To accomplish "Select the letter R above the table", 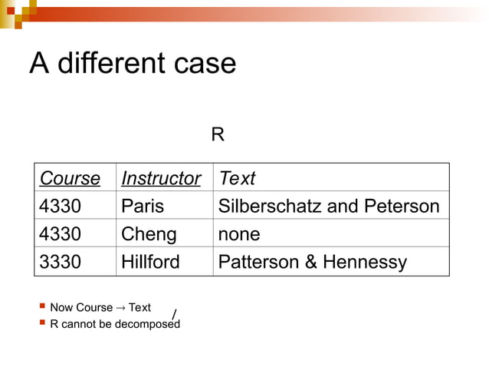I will click(x=218, y=136).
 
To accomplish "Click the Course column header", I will click(x=70, y=179).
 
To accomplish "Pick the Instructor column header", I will click(x=161, y=179).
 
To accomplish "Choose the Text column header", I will click(x=237, y=179).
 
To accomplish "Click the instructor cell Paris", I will click(x=143, y=207).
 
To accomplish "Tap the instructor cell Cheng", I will click(x=149, y=234).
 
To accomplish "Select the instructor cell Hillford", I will click(x=150, y=262).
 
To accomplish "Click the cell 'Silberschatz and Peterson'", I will click(x=329, y=207).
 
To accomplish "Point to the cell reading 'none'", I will click(x=239, y=234).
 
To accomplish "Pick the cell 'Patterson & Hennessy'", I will click(x=313, y=262).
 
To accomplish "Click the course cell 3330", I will click(x=60, y=262).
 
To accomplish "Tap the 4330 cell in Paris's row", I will click(x=60, y=207).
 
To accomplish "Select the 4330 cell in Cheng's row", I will click(x=60, y=234).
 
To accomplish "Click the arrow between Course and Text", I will click(x=120, y=308).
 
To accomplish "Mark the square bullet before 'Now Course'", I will click(x=41, y=308).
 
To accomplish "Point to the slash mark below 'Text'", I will click(x=174, y=315).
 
